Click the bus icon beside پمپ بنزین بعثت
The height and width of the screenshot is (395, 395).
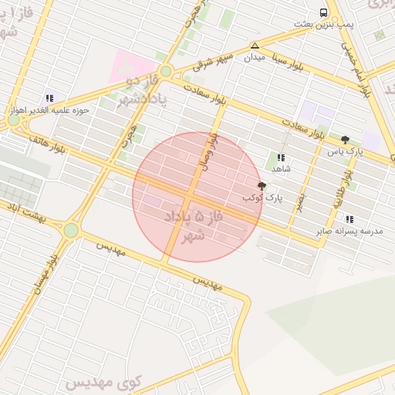[x=323, y=12]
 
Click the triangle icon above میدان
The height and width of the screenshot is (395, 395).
[x=255, y=46]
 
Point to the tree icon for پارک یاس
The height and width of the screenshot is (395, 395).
[x=344, y=140]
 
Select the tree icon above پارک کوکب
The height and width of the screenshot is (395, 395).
[x=262, y=186]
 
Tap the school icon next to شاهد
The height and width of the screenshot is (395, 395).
[x=281, y=157]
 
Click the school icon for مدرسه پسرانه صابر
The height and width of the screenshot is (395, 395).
[x=349, y=219]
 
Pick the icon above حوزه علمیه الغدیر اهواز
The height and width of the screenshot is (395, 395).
[x=50, y=98]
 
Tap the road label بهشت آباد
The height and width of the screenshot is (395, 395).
[x=25, y=209]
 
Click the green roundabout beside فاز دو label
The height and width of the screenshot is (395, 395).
[x=165, y=71]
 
